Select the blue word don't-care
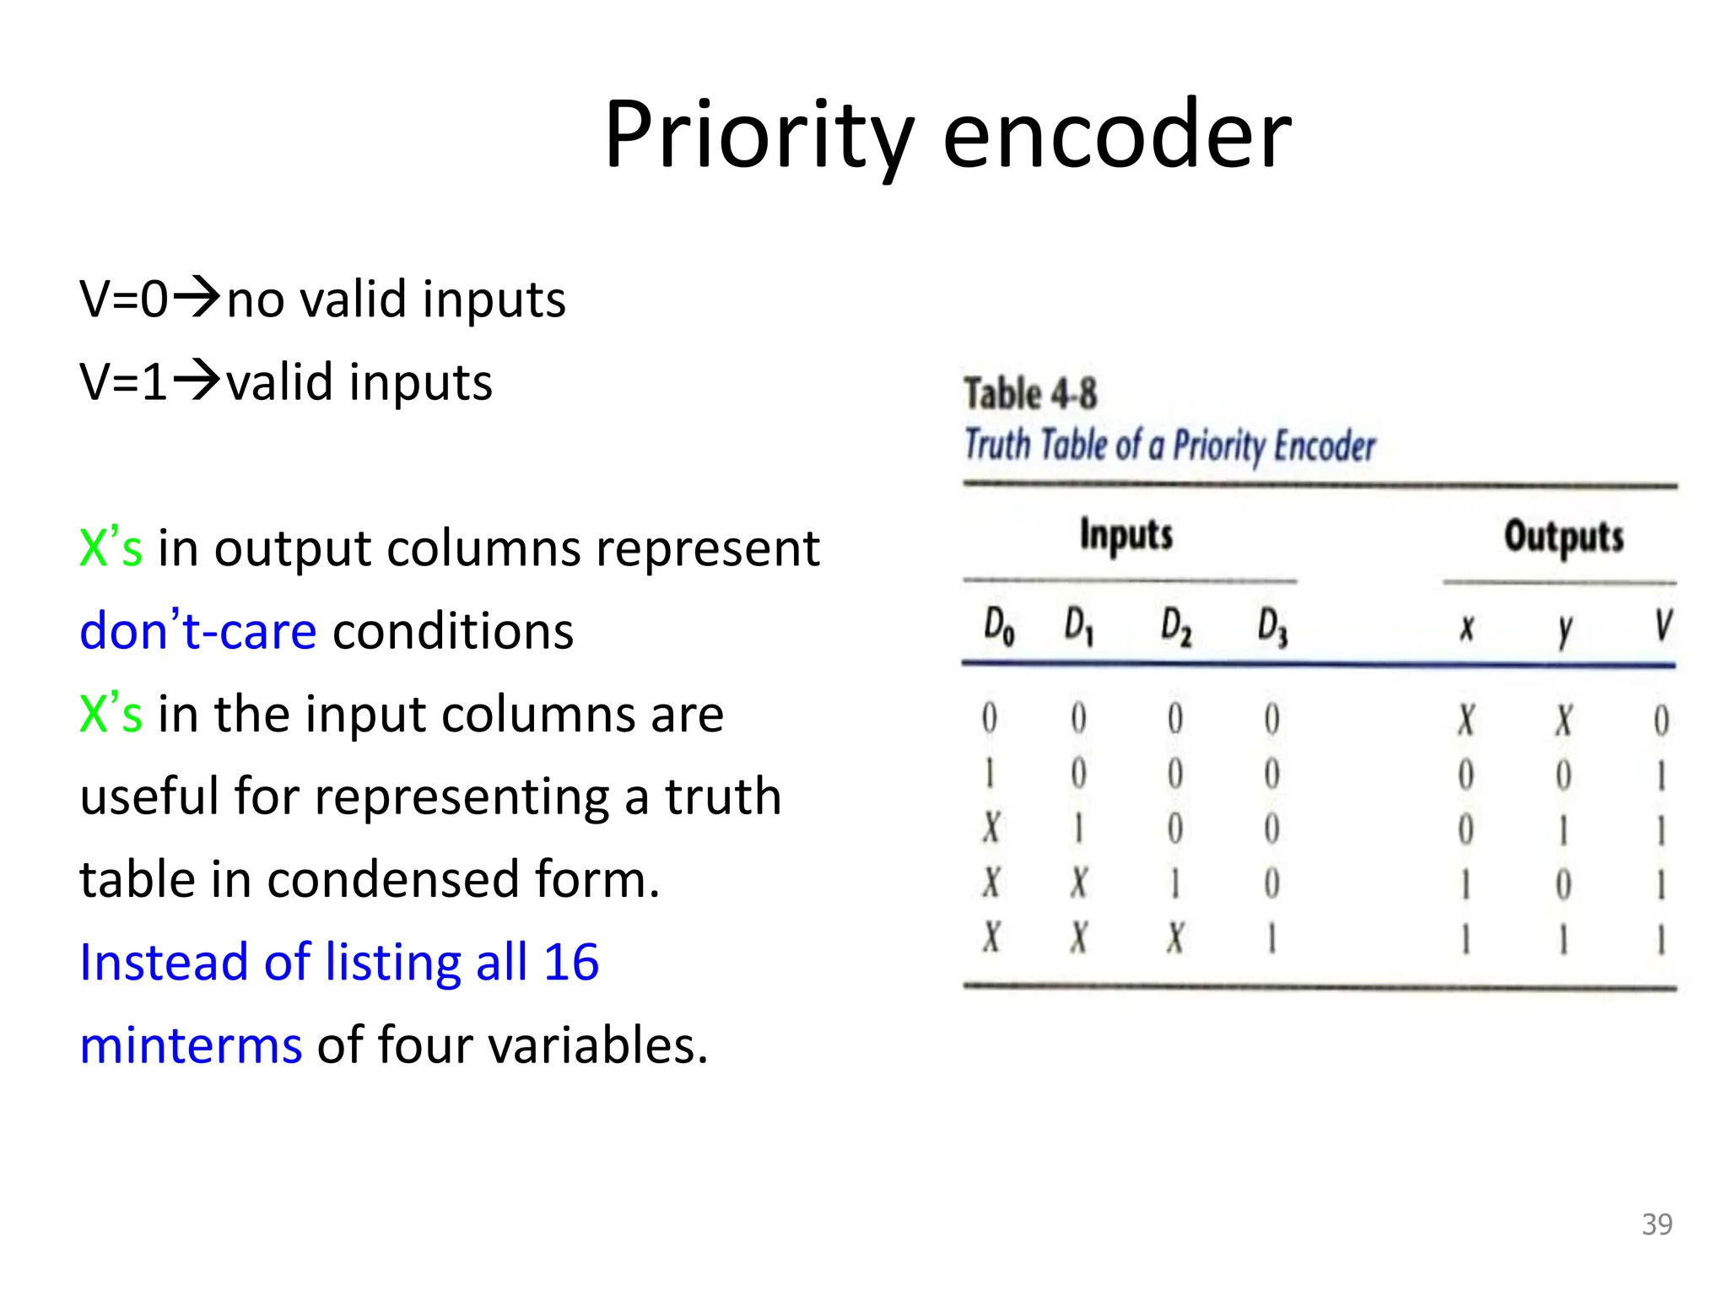198,631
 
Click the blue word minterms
191,1045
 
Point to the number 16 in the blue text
570,963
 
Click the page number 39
1657,1224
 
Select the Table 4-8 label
1030,394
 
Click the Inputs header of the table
1126,535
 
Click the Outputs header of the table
1563,537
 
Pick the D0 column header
998,627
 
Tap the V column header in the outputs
1662,626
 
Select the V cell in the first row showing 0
1661,720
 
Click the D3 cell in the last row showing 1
1272,938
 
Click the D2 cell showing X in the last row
1175,938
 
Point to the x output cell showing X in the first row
1466,720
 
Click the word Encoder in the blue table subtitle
1324,445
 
